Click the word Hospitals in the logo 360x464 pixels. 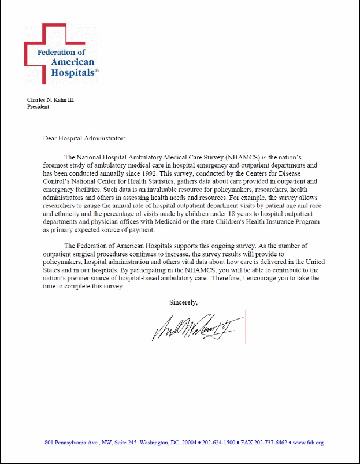(72, 73)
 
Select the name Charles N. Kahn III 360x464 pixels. (51, 99)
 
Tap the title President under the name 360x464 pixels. (38, 106)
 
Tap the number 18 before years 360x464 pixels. (207, 213)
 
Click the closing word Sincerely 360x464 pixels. (183, 302)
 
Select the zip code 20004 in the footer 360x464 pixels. (189, 443)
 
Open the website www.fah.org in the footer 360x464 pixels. (308, 443)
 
